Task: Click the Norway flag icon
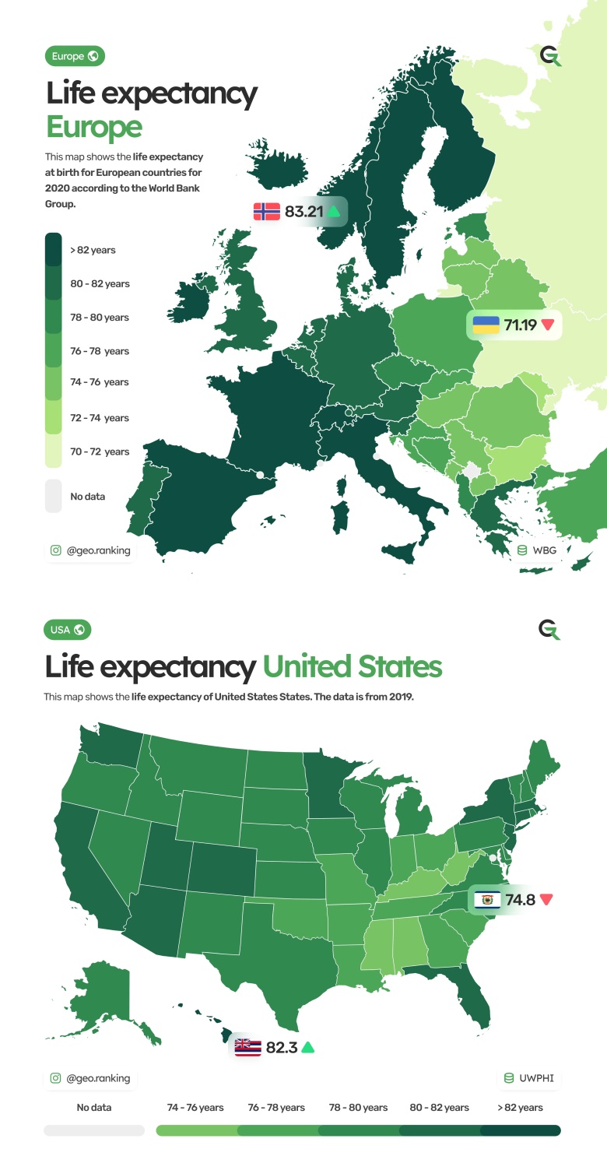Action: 266,211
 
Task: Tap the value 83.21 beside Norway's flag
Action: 303,211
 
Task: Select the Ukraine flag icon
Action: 486,325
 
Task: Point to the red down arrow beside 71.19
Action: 548,325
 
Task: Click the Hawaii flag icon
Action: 247,1047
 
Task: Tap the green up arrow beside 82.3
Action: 308,1047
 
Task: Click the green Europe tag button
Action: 75,56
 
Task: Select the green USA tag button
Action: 68,630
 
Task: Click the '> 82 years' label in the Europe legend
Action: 93,250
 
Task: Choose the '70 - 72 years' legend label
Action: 100,451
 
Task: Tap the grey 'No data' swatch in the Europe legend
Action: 53,496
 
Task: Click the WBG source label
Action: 544,550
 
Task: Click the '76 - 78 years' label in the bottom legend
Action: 276,1107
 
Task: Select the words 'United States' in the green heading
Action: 352,667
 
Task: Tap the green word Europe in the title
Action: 93,127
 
